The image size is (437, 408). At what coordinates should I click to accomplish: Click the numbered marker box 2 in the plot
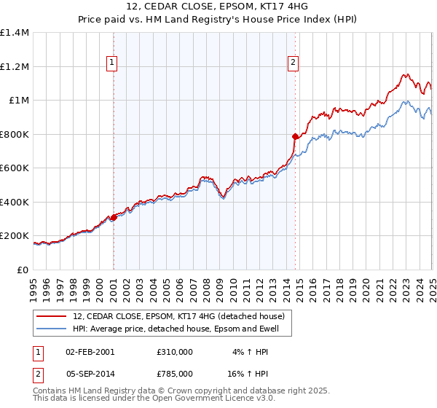[x=294, y=63]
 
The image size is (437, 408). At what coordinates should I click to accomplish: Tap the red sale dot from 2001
[x=114, y=217]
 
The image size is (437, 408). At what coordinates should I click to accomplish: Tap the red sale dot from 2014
[x=295, y=136]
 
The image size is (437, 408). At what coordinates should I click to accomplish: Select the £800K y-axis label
[x=15, y=134]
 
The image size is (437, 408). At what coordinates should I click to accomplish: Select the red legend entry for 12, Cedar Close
[x=182, y=316]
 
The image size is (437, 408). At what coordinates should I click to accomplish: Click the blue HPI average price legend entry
[x=181, y=329]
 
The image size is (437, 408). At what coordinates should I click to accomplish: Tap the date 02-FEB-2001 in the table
[x=90, y=351]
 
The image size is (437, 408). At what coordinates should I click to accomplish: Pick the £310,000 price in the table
[x=174, y=351]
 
